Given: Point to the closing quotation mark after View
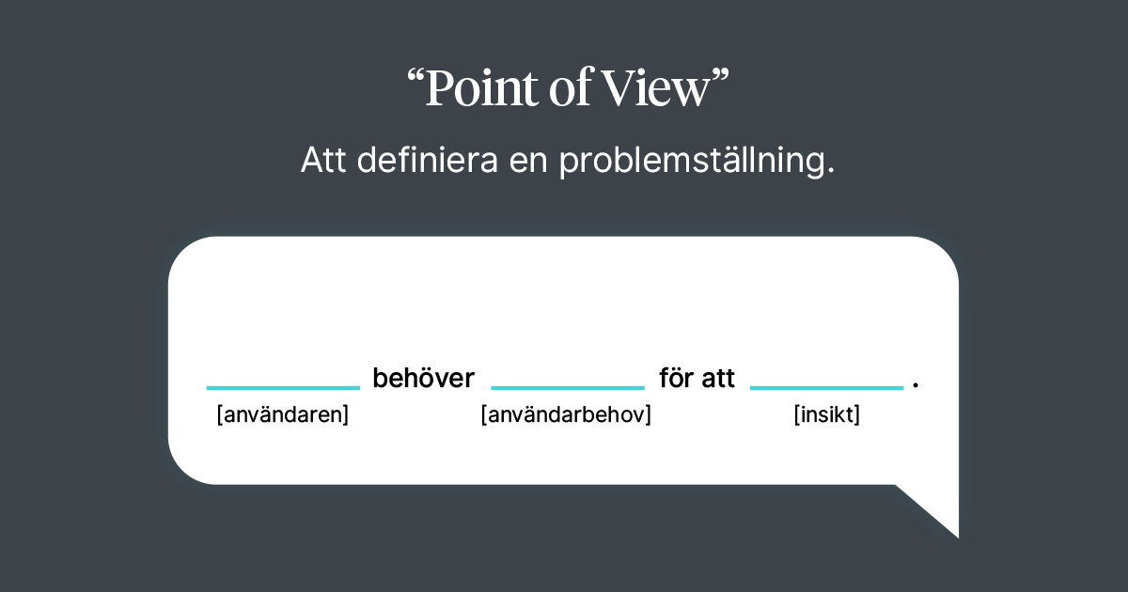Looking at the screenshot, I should tap(719, 79).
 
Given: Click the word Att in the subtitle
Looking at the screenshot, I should tap(322, 162).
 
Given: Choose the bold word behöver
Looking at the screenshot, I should tap(424, 379).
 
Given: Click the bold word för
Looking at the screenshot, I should tap(677, 379).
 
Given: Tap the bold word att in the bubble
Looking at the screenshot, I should tap(718, 380).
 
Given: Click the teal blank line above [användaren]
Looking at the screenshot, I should tap(283, 387).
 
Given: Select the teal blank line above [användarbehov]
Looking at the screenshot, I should tap(568, 387).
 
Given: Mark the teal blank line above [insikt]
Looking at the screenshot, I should tap(826, 387).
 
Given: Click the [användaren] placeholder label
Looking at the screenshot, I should tap(283, 415).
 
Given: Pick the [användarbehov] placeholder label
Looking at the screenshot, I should tap(566, 415).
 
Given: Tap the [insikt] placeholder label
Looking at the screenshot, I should tap(827, 415).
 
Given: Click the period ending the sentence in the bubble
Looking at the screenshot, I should tap(916, 386).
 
